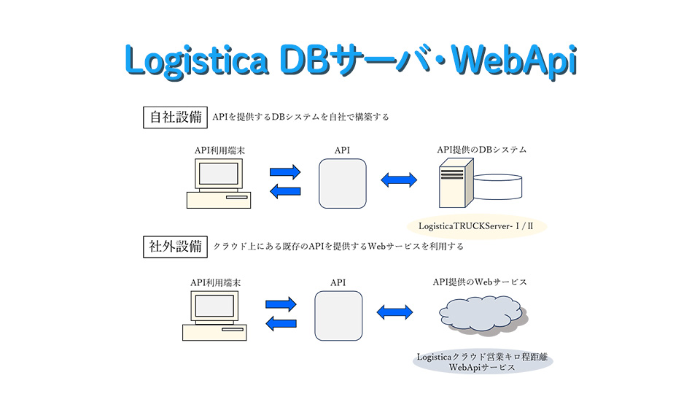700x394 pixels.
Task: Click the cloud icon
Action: coord(481,314)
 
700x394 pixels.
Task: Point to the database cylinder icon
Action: coord(497,187)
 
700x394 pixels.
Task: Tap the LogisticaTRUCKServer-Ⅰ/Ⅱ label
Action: coord(477,226)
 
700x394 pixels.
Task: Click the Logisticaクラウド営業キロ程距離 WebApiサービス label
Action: coord(483,362)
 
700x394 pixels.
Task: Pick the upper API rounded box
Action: coord(342,185)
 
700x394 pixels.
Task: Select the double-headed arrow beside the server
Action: coord(399,179)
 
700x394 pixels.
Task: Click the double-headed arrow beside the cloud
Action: coord(394,311)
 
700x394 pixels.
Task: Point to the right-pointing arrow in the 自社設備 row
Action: coord(285,173)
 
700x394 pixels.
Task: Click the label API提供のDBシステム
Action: coord(481,150)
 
